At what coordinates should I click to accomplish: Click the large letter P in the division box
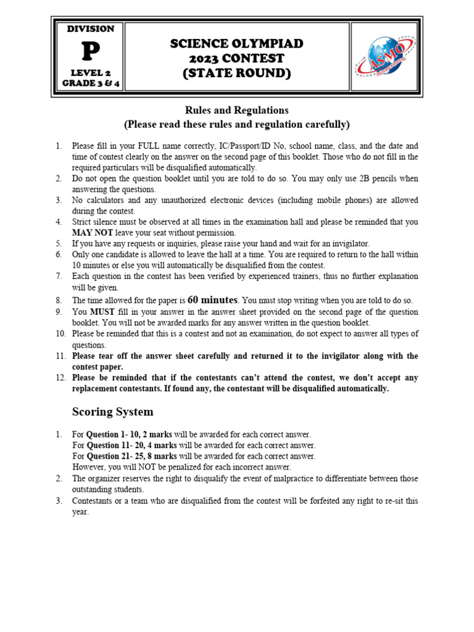click(x=90, y=54)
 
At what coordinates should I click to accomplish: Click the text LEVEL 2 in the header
click(x=90, y=73)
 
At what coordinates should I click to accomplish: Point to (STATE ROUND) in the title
click(x=237, y=73)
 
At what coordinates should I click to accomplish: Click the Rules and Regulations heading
click(x=237, y=110)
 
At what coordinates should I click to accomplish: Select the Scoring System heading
click(x=113, y=412)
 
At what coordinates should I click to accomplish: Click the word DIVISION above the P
click(x=90, y=29)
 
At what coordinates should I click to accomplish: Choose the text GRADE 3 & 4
click(x=90, y=84)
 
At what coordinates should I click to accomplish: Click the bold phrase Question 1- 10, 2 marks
click(x=129, y=434)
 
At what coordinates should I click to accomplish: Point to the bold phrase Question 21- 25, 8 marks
click(x=131, y=456)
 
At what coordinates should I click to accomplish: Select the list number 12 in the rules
click(x=60, y=378)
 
